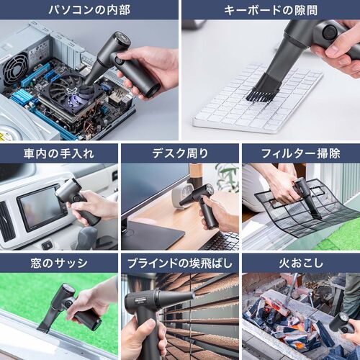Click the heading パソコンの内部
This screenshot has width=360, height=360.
coord(89,10)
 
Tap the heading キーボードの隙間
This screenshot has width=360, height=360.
coord(270,10)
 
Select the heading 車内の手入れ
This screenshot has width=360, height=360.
coord(59,153)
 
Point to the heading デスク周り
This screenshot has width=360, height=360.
coord(180,153)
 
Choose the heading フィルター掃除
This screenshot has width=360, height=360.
coord(300,153)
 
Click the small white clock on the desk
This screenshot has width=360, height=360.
coord(182,193)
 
